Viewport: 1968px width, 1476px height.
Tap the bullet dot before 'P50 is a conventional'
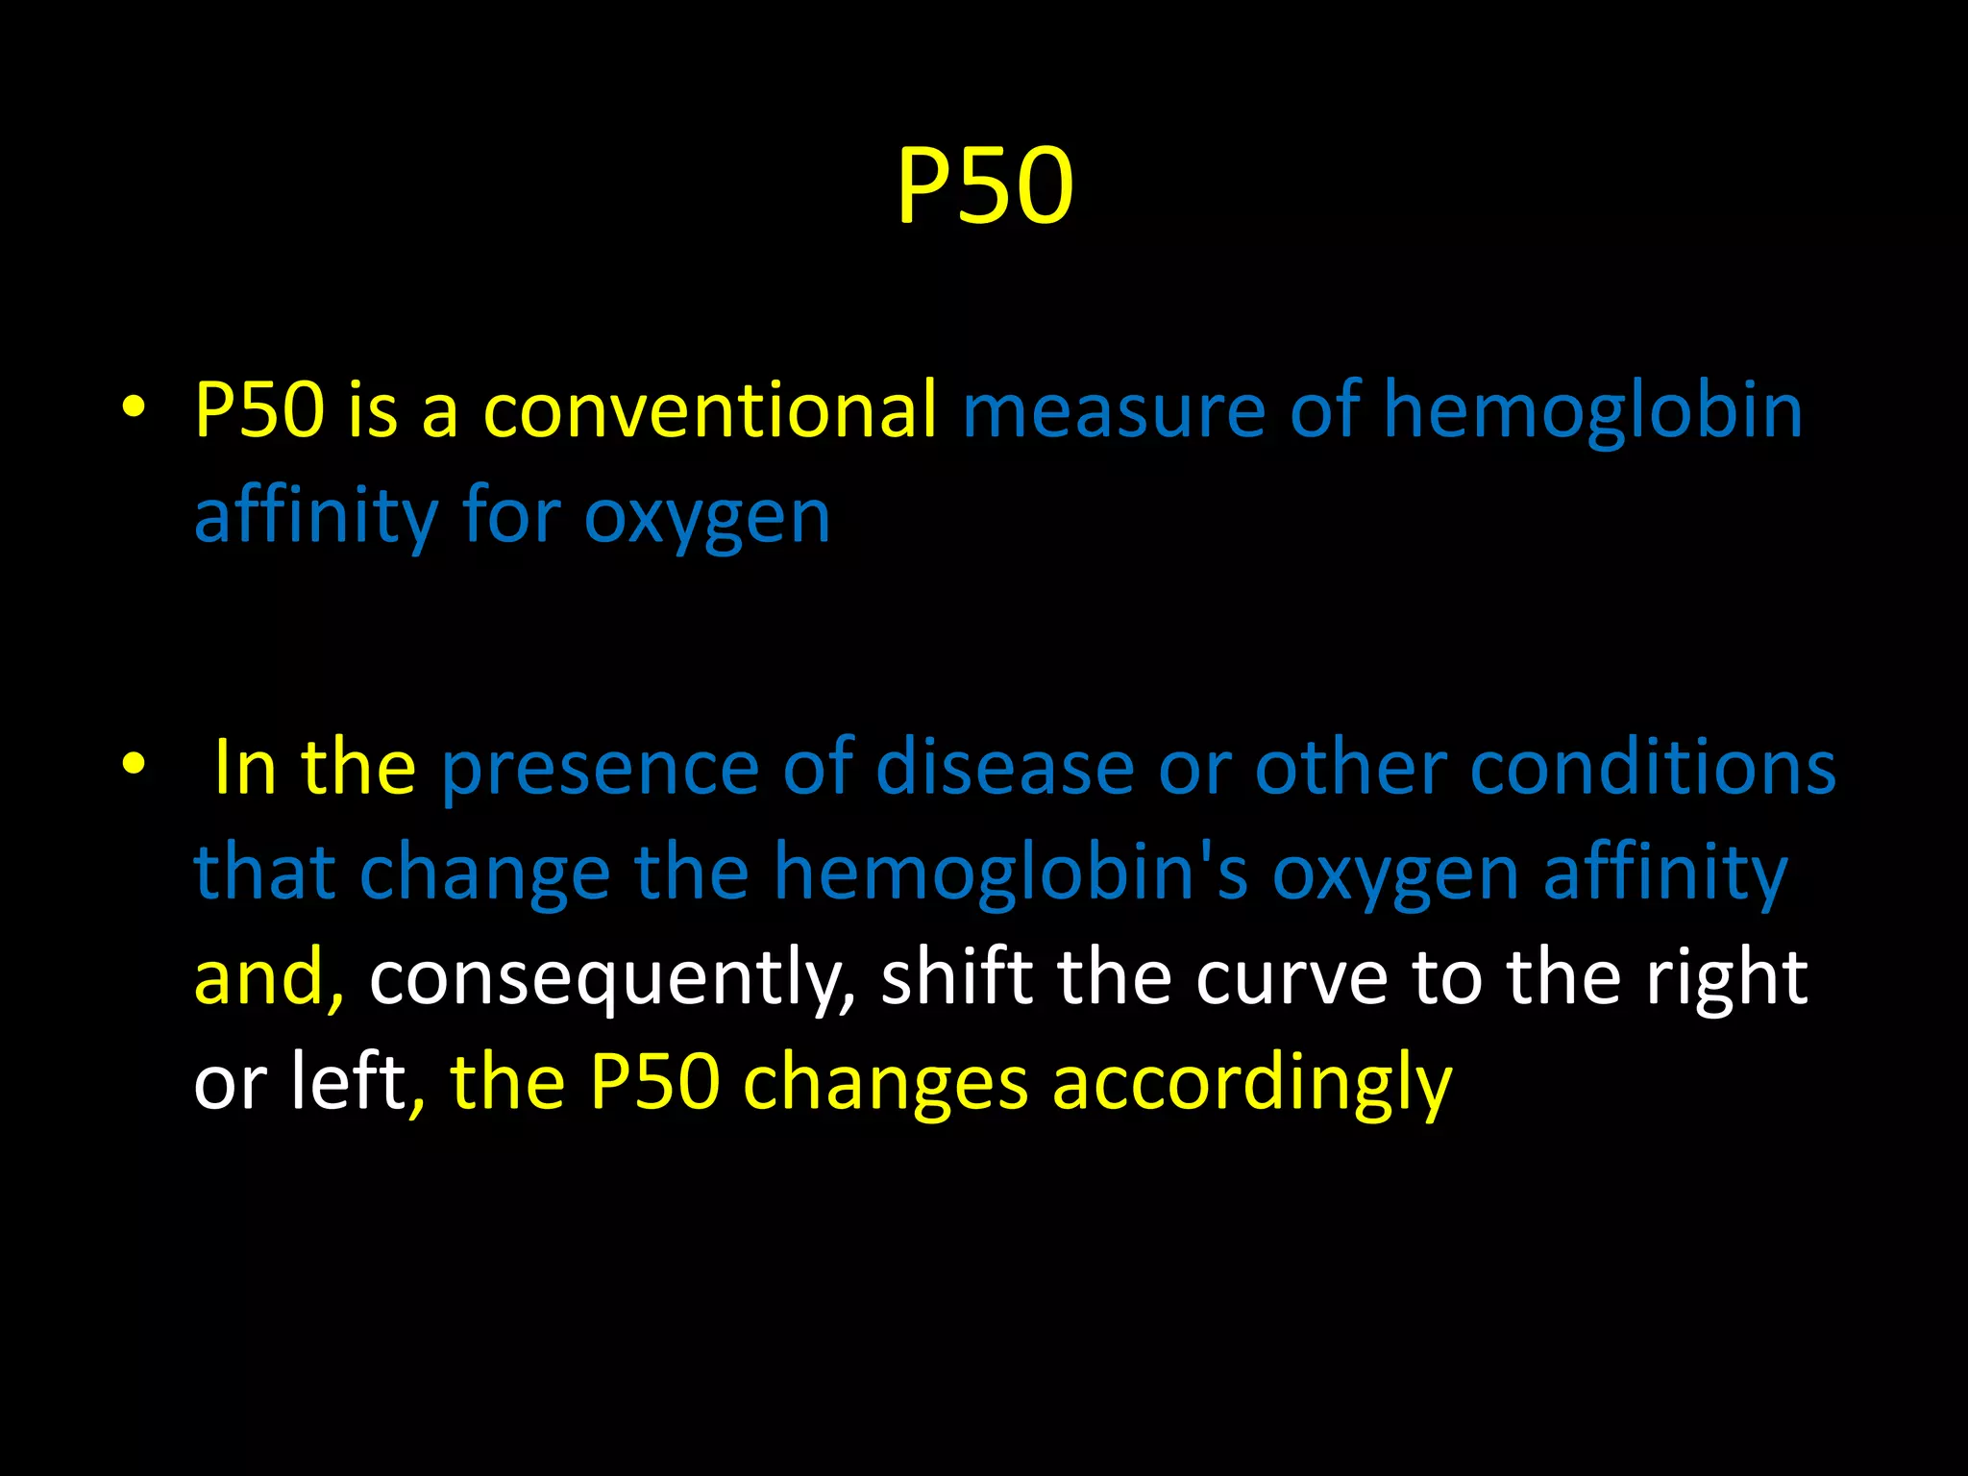(134, 407)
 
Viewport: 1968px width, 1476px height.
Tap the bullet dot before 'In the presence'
(134, 764)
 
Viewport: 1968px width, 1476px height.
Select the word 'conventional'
(709, 410)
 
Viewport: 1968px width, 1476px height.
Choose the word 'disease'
(1005, 769)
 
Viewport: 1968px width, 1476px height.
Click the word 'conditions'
(1652, 769)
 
